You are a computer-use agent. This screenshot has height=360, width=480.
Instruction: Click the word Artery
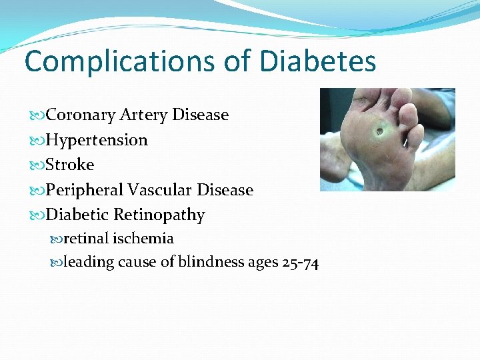tap(143, 115)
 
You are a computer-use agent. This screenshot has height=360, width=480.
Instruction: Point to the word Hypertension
tap(97, 140)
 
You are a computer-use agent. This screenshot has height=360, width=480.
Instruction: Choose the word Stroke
tap(70, 165)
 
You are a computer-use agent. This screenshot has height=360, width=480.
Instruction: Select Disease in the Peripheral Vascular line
tap(225, 190)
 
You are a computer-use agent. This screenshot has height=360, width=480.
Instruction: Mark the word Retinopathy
tap(159, 215)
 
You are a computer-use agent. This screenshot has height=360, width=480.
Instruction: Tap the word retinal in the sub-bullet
tap(86, 238)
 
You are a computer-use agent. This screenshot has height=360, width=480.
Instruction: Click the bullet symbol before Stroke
tap(37, 165)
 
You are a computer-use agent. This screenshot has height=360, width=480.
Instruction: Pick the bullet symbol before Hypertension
tap(37, 140)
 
